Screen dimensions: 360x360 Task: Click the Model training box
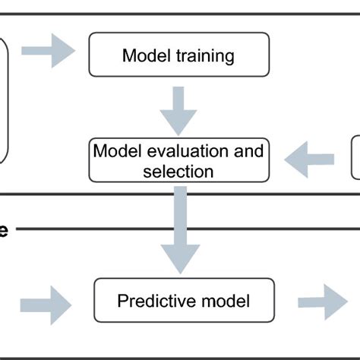point(178,55)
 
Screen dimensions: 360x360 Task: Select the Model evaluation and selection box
point(178,160)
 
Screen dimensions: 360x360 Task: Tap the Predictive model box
point(183,302)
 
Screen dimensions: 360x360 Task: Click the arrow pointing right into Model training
point(48,51)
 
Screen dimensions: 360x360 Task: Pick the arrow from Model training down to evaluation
point(178,110)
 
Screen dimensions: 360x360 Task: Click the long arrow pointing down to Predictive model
point(180,228)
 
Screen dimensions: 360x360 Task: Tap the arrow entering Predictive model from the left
point(46,305)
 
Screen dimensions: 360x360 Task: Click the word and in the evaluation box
point(251,150)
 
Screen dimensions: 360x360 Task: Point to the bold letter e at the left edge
point(4,229)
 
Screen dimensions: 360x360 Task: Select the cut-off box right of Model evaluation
point(355,157)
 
